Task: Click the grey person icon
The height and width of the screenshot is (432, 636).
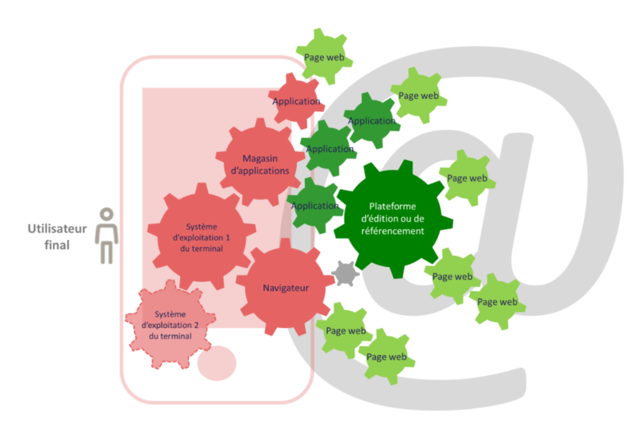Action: [x=107, y=236]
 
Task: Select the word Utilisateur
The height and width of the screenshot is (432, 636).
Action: [x=57, y=229]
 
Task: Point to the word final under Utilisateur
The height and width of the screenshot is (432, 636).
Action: [x=57, y=245]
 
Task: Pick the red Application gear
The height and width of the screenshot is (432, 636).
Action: [x=295, y=101]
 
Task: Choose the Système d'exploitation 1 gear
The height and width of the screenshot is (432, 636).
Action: [x=201, y=237]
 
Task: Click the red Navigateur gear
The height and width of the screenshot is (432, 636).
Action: [x=285, y=287]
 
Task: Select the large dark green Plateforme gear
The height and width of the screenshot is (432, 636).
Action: [x=391, y=218]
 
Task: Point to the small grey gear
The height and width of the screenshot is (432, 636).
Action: [x=346, y=273]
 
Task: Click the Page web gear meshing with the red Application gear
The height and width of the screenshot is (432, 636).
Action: [x=324, y=57]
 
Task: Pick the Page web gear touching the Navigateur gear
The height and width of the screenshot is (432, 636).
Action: [x=345, y=330]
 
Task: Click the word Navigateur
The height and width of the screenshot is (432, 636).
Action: [x=285, y=287]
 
